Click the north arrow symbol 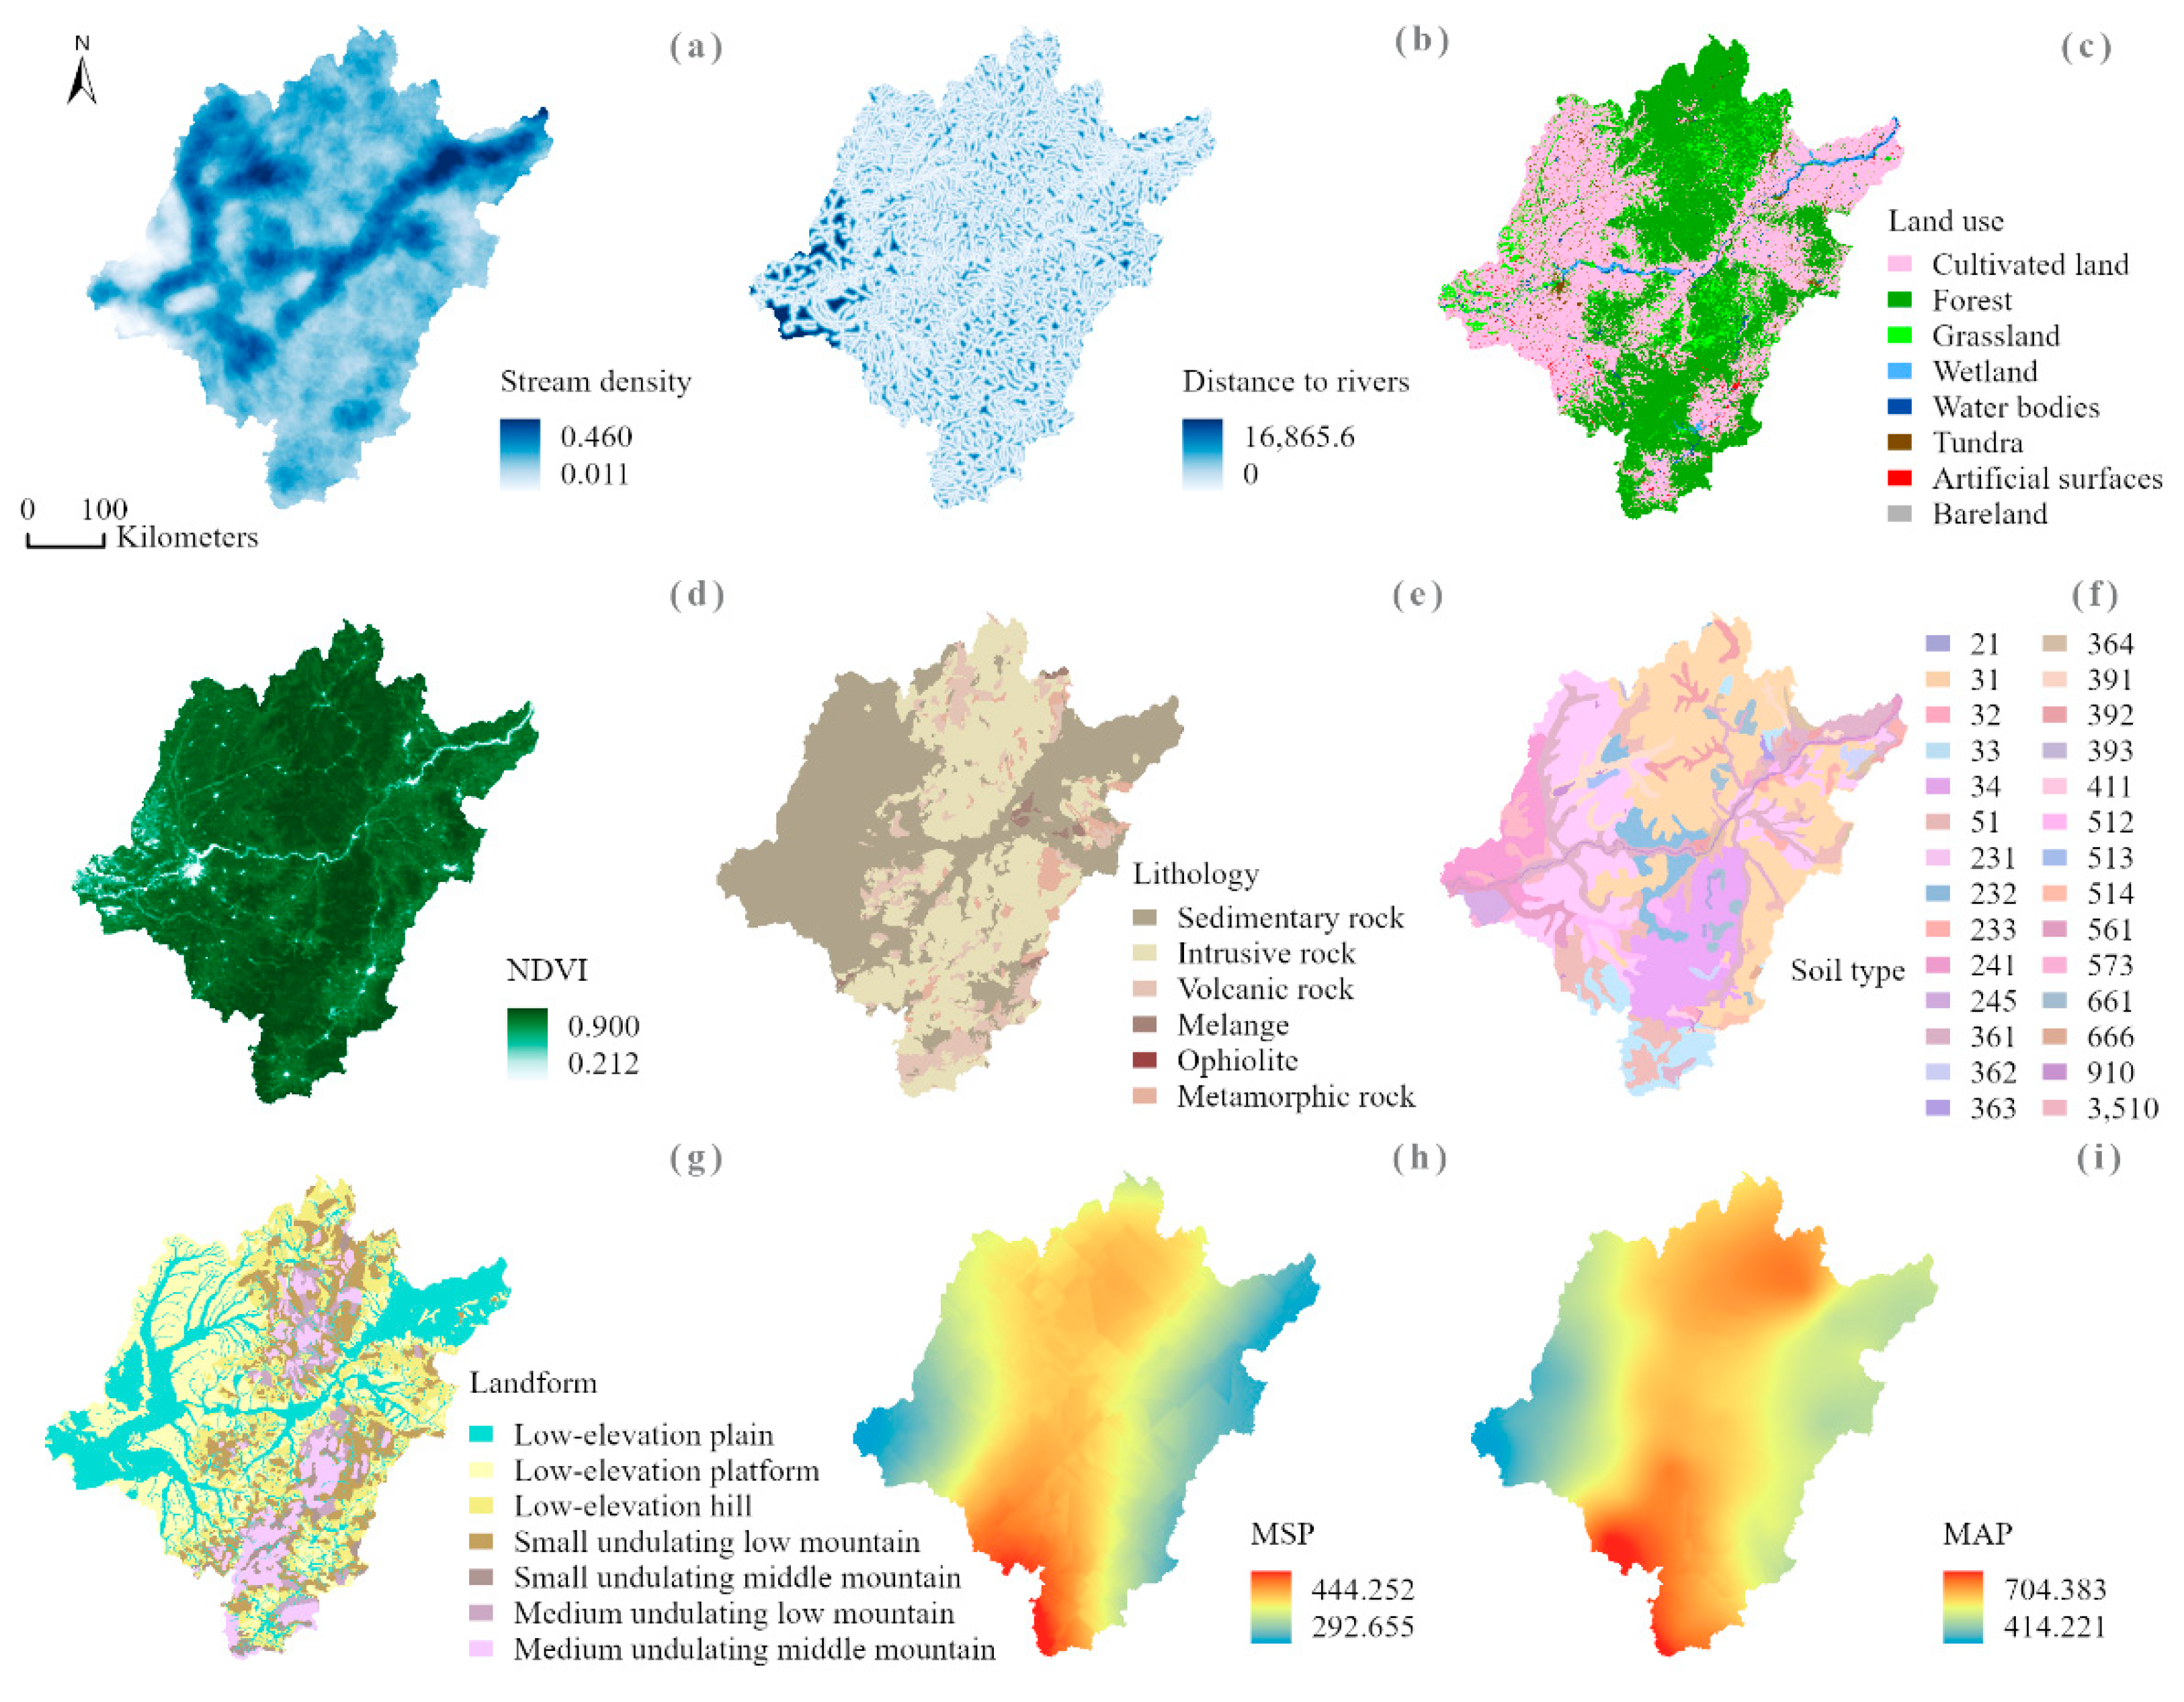(x=82, y=76)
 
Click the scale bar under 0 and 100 (x=65, y=543)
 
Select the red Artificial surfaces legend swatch (x=1899, y=478)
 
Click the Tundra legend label (x=1977, y=442)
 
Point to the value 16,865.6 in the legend (x=1298, y=437)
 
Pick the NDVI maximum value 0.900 (x=602, y=1026)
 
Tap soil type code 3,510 (x=2122, y=1108)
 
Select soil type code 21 (x=1984, y=644)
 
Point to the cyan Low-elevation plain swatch (x=481, y=1434)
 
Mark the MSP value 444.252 (x=1362, y=1589)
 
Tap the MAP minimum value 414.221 (x=2054, y=1627)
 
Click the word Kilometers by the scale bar (x=187, y=537)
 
